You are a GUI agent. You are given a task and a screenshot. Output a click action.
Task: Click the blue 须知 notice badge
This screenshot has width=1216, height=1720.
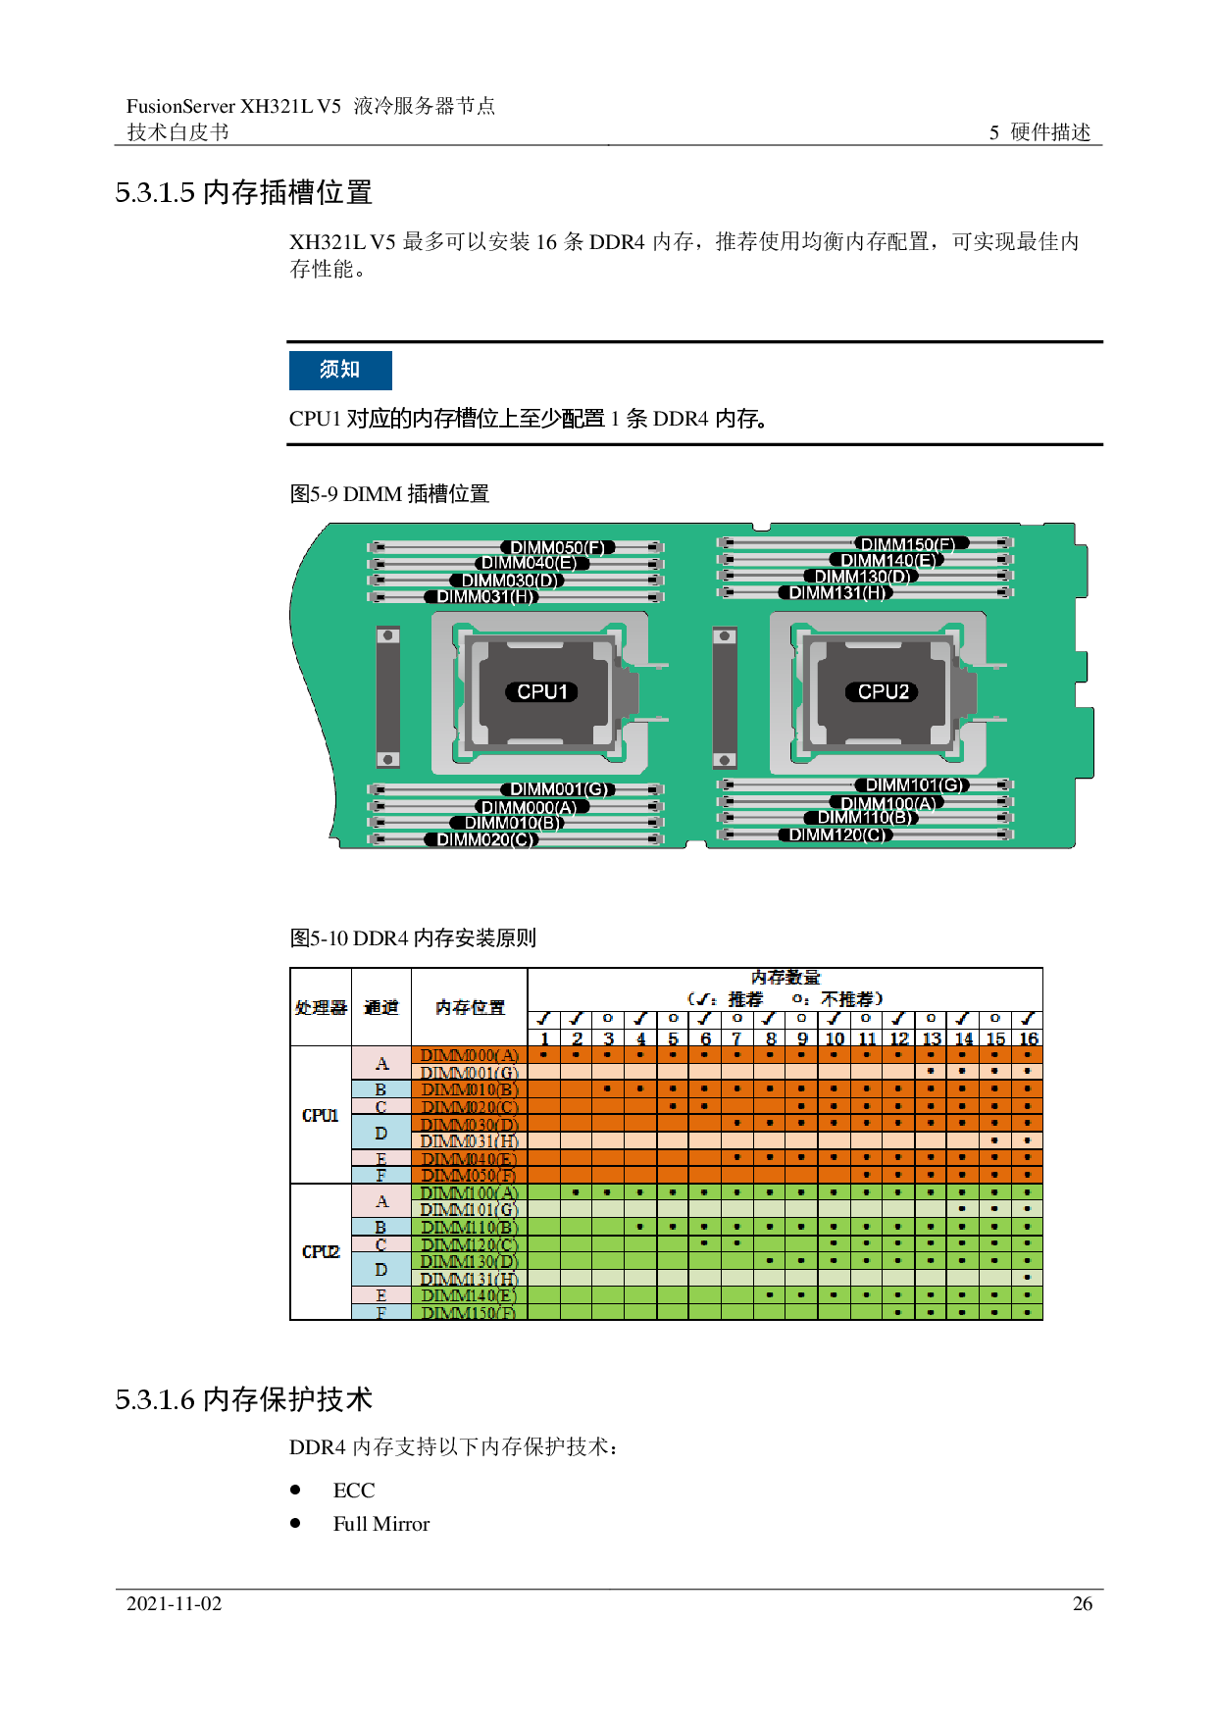340,370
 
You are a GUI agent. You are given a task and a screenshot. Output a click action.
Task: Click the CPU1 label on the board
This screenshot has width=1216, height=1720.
541,691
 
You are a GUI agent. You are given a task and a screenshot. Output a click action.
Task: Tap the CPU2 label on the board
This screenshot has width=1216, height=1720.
883,691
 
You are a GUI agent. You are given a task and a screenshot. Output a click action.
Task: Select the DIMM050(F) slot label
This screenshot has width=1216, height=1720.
557,547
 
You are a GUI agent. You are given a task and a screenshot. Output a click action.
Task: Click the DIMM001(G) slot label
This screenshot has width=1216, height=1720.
557,789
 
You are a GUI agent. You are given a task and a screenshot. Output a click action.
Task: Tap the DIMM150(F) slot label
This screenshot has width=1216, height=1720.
907,544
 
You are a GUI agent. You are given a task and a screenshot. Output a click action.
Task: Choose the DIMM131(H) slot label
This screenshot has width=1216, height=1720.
836,592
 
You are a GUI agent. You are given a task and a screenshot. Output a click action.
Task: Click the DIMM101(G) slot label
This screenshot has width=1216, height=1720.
911,784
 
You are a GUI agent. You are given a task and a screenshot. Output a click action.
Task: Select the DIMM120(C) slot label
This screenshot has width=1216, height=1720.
836,835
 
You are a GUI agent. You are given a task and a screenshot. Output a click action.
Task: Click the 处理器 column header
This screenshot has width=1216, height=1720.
321,1007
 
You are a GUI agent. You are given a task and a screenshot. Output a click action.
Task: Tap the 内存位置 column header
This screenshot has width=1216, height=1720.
470,1007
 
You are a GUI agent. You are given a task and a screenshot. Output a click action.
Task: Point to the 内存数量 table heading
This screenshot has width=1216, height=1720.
785,978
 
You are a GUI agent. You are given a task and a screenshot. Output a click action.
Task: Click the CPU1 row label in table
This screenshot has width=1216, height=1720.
321,1115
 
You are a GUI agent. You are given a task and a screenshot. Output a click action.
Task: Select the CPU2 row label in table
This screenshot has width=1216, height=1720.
321,1251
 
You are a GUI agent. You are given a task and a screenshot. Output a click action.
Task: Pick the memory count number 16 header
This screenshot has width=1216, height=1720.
1028,1038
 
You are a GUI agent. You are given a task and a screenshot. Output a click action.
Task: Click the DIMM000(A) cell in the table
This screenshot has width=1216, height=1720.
470,1055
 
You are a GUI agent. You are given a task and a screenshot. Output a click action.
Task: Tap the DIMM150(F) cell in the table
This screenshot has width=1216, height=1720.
470,1312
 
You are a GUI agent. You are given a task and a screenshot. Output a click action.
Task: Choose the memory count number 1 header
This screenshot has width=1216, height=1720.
544,1038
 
